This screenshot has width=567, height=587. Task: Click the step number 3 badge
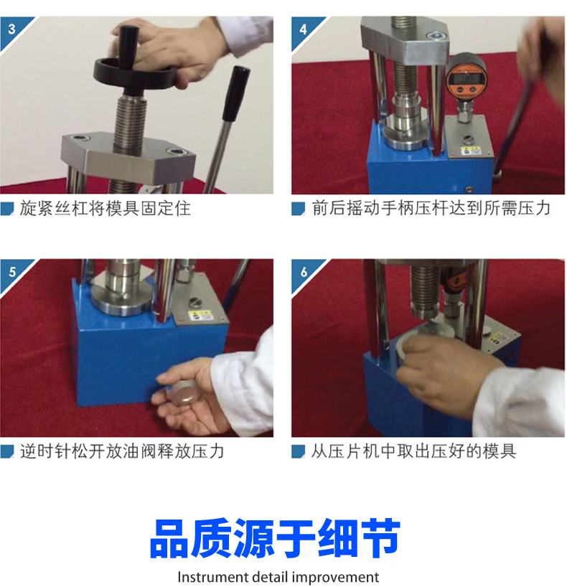click(12, 29)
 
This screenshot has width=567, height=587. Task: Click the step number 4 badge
click(304, 29)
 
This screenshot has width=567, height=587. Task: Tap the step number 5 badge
click(12, 272)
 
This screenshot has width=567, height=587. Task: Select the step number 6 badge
click(304, 272)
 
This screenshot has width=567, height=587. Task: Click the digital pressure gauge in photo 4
click(465, 76)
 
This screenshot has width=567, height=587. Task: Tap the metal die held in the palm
click(183, 393)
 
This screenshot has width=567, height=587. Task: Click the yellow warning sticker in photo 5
click(198, 315)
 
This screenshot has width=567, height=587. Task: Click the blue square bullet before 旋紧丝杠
click(7, 209)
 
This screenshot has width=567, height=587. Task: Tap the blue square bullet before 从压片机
click(298, 451)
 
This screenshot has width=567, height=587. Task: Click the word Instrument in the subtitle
click(212, 577)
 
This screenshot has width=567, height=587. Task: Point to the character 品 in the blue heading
click(169, 538)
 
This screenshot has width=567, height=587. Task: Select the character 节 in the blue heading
click(380, 538)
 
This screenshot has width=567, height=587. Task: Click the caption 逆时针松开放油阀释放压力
click(122, 451)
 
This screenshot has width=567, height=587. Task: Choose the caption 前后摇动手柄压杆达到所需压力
click(431, 208)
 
